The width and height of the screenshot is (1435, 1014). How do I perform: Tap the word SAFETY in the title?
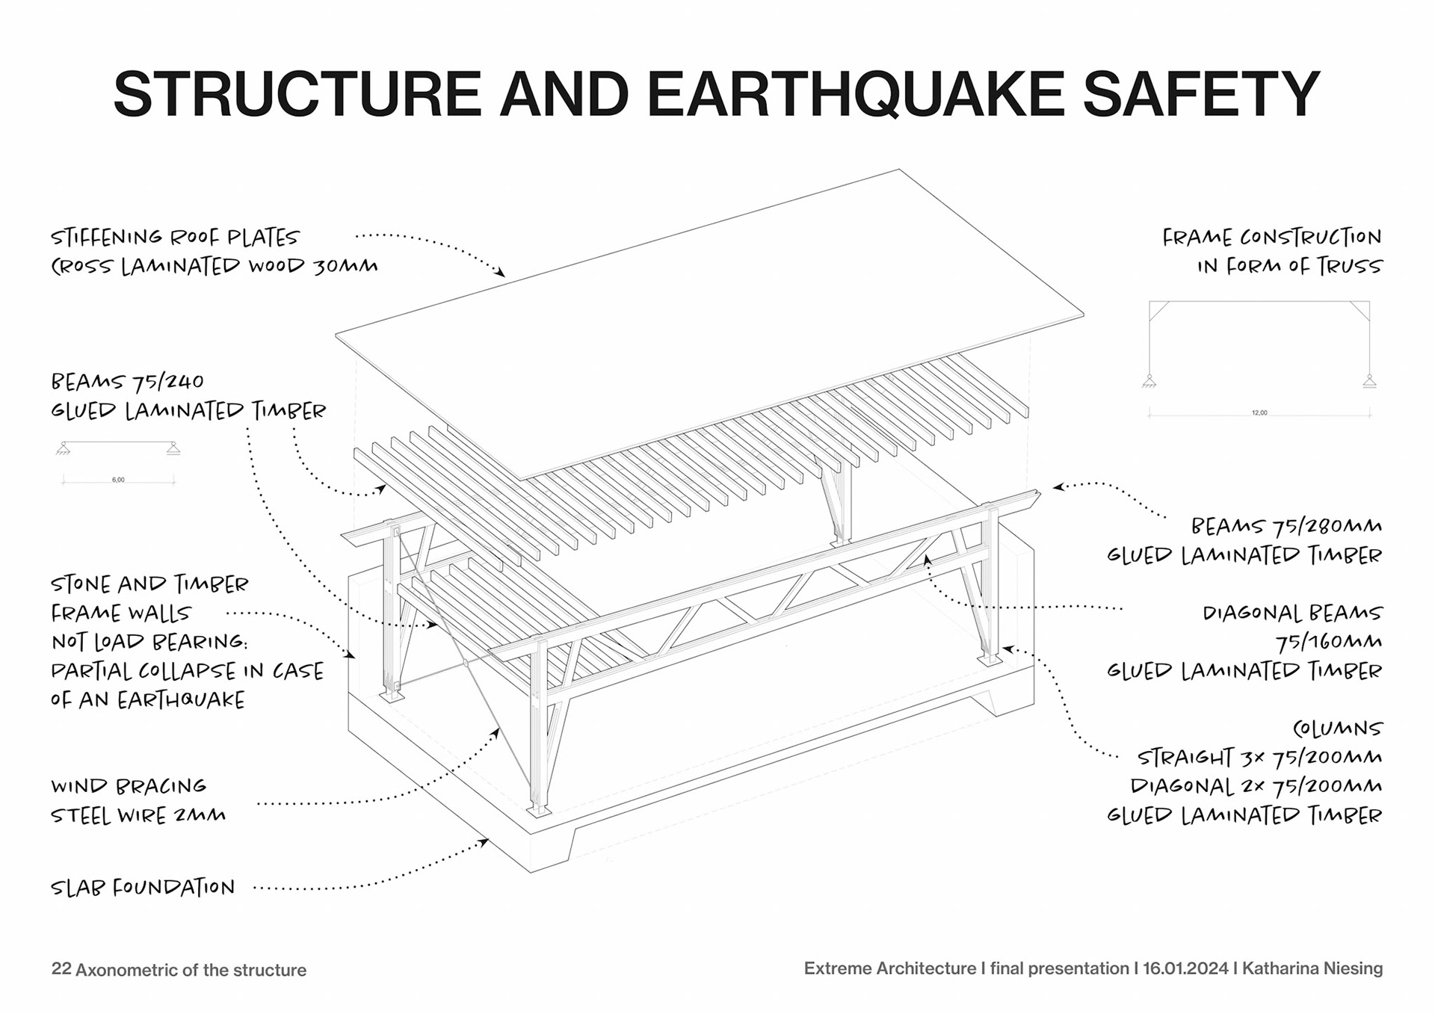pos(1201,93)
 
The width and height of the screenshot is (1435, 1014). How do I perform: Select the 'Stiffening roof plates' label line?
pos(175,238)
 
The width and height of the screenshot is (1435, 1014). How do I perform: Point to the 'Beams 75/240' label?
pos(127,382)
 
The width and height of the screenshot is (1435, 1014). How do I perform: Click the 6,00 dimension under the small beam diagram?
pos(118,480)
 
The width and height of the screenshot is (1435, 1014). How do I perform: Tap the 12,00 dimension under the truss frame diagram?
pos(1259,412)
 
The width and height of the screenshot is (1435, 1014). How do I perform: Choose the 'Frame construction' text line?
pos(1271,238)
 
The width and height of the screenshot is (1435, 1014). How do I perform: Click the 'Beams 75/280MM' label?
pos(1286,526)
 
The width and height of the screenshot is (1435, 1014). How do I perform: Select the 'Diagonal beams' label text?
pos(1292,613)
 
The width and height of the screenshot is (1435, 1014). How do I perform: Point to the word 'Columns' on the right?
pos(1338,729)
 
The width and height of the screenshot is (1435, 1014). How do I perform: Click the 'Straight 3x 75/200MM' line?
pos(1259,758)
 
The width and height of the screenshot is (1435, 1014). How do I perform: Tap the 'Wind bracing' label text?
pos(129,786)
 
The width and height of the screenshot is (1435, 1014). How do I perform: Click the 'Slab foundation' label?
pos(143,888)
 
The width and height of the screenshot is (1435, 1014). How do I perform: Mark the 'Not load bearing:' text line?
pos(149,643)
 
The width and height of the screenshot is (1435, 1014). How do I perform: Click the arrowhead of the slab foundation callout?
pos(485,842)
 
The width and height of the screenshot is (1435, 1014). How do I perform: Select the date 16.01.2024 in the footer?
pos(1185,968)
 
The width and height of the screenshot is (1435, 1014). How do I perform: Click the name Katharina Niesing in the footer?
pos(1312,968)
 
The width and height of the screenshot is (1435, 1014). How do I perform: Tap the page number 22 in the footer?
pos(61,969)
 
